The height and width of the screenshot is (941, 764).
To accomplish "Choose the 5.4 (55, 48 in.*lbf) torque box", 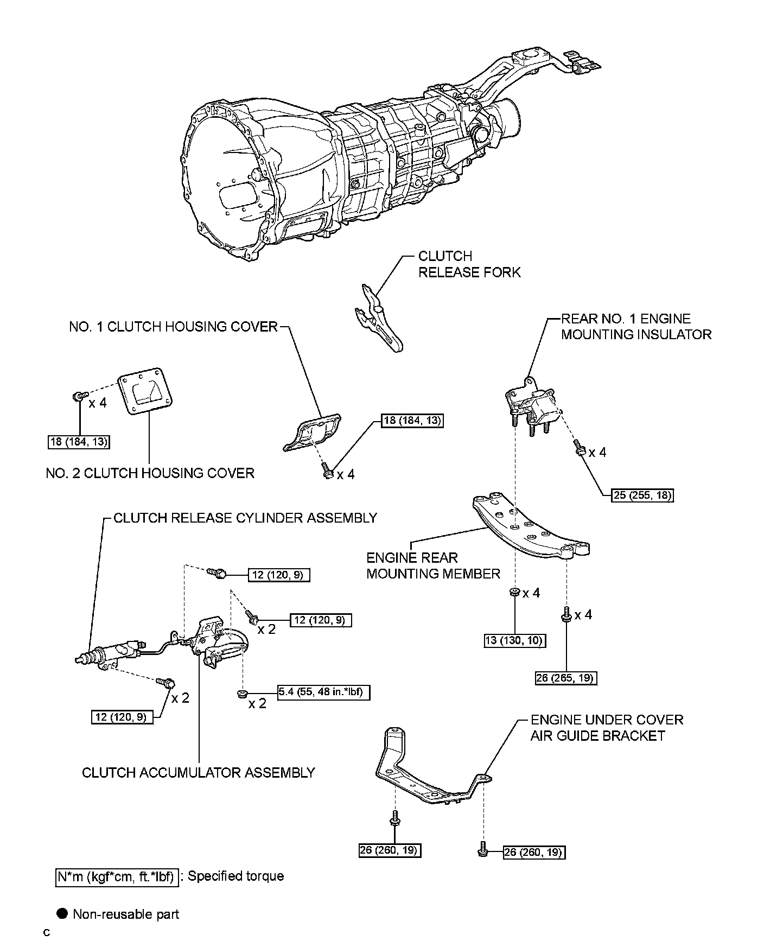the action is [x=324, y=692].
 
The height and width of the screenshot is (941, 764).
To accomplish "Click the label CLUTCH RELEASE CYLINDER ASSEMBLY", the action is [x=245, y=518].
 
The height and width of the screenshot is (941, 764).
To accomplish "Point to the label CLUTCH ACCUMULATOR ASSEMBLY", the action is [x=199, y=772].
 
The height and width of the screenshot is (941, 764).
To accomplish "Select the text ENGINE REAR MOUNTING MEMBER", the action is [x=433, y=565].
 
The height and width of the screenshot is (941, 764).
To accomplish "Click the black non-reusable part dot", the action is [x=63, y=914].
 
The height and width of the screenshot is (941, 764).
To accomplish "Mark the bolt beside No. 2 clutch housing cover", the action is [x=79, y=397].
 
